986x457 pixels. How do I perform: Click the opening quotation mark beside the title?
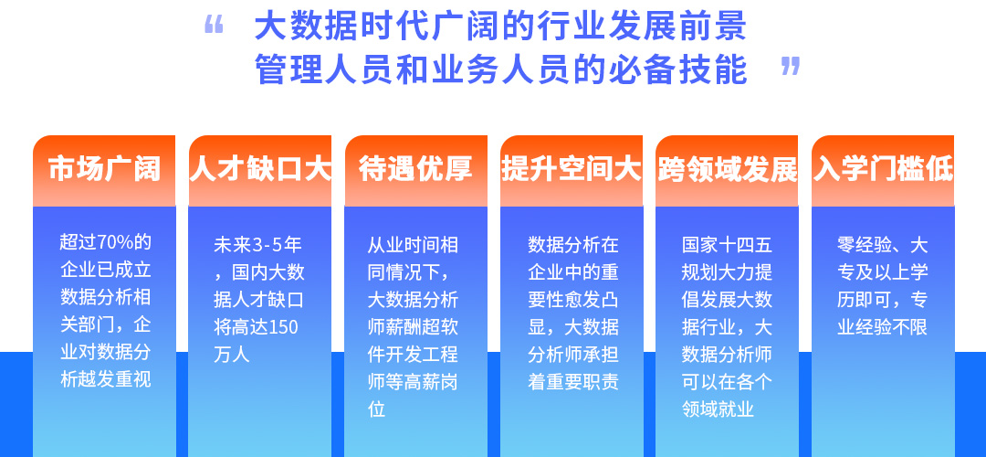(x=214, y=26)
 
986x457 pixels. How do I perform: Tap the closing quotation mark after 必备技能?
(x=791, y=66)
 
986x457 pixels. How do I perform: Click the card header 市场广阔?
(x=104, y=169)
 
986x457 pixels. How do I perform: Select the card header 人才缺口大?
(x=259, y=169)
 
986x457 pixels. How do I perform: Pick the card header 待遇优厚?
(x=415, y=169)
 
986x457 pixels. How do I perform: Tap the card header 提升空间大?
(x=571, y=169)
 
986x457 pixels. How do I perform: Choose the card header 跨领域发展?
(x=727, y=169)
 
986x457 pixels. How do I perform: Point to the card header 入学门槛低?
(x=883, y=169)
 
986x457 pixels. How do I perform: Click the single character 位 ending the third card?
(x=376, y=410)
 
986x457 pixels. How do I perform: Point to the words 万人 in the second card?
(x=231, y=355)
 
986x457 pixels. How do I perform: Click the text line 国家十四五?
(x=727, y=245)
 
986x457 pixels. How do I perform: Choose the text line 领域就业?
(x=718, y=410)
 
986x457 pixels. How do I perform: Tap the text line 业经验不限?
(x=882, y=327)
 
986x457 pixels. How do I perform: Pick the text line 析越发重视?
(x=106, y=379)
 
